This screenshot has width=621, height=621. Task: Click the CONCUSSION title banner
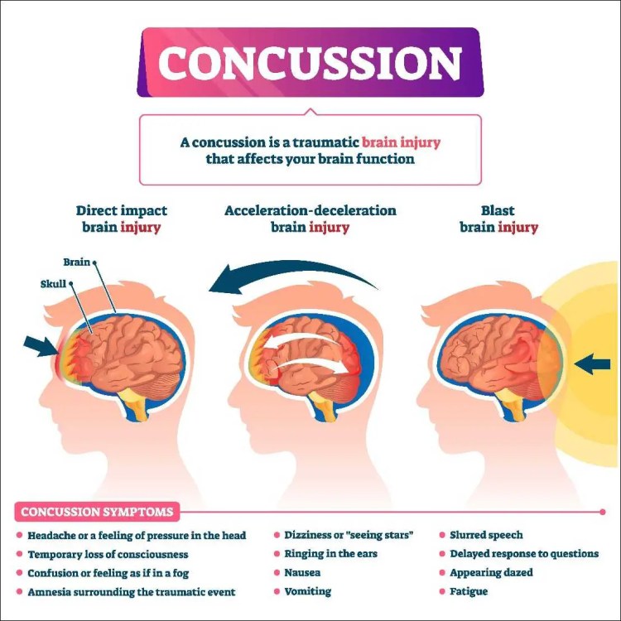pos(310,64)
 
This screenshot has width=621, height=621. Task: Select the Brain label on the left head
pos(77,262)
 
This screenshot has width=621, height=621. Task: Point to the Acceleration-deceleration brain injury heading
pos(310,219)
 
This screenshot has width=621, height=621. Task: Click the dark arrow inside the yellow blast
pos(592,363)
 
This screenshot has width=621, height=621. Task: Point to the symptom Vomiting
pos(308,591)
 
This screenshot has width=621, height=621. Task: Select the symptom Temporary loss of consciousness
pos(108,554)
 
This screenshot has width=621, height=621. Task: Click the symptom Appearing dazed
pos(492,573)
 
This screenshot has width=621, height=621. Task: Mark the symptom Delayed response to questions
pos(523,554)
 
